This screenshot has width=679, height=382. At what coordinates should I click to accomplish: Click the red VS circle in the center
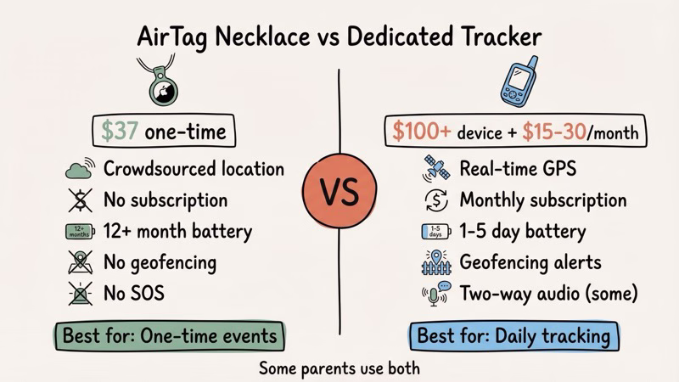pyautogui.click(x=339, y=192)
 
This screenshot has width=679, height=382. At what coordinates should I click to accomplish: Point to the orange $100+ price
pyautogui.click(x=420, y=132)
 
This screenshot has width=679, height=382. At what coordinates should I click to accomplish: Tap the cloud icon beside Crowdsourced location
pyautogui.click(x=78, y=169)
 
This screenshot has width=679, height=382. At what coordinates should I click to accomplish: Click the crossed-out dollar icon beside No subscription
pyautogui.click(x=78, y=200)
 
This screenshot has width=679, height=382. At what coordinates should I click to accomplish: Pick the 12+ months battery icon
pyautogui.click(x=78, y=231)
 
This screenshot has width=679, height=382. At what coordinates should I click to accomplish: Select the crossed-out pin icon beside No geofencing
pyautogui.click(x=78, y=262)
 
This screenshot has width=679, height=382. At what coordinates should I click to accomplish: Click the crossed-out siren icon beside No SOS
pyautogui.click(x=78, y=294)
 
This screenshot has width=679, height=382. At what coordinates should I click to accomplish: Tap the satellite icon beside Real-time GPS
pyautogui.click(x=434, y=168)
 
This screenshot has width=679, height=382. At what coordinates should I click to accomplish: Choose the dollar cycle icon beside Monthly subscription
pyautogui.click(x=434, y=200)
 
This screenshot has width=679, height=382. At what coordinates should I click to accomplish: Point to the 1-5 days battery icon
pyautogui.click(x=434, y=231)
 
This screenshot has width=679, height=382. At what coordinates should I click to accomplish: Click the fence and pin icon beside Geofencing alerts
pyautogui.click(x=434, y=263)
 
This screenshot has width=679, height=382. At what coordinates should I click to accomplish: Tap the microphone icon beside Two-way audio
pyautogui.click(x=434, y=295)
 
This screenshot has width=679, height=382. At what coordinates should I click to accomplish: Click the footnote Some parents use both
pyautogui.click(x=339, y=368)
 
